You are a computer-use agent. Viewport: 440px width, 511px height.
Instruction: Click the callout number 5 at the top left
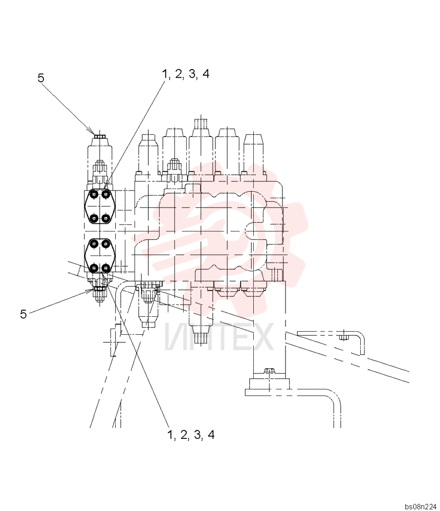coord(41,78)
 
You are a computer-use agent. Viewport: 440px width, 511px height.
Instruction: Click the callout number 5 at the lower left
coord(23,314)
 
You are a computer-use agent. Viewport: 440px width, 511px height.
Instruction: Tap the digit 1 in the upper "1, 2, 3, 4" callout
coord(165,74)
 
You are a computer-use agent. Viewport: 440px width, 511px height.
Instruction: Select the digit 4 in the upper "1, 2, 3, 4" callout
coord(206,74)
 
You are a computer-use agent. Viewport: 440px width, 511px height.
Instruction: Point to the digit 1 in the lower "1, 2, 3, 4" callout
coord(170,435)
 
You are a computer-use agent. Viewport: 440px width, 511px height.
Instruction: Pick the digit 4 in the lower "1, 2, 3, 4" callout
coord(211,435)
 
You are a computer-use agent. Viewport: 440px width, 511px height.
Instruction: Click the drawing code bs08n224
coord(421,506)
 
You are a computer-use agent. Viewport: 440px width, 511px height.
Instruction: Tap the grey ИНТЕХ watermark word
coord(218,337)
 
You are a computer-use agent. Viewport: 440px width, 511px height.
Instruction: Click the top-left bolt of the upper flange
coord(94,195)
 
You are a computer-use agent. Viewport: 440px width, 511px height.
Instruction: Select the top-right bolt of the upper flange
coord(105,195)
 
